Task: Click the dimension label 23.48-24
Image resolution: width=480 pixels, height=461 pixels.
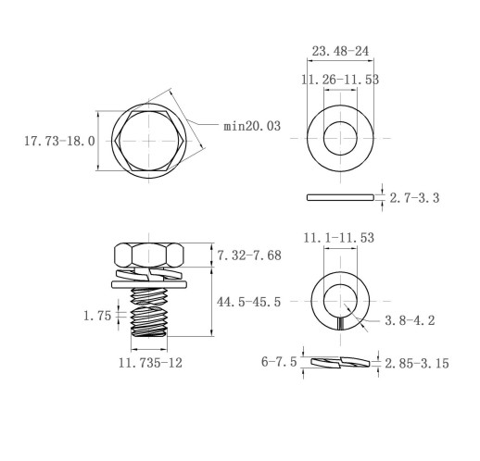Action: click(x=340, y=51)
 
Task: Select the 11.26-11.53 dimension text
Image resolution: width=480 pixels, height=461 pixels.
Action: click(x=340, y=80)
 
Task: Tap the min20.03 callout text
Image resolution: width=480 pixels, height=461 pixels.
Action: click(x=252, y=126)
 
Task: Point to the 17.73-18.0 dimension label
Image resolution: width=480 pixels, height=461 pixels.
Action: click(x=59, y=141)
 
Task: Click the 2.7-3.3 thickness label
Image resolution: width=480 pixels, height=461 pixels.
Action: click(x=414, y=198)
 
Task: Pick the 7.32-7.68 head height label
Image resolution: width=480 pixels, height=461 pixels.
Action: click(x=249, y=255)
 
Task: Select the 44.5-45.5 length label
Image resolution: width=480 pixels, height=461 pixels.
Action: click(x=248, y=302)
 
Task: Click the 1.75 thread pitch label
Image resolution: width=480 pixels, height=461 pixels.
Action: click(x=97, y=316)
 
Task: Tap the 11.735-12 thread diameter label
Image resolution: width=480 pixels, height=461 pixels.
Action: click(x=150, y=363)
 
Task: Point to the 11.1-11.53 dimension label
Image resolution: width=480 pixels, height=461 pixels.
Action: click(x=339, y=238)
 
